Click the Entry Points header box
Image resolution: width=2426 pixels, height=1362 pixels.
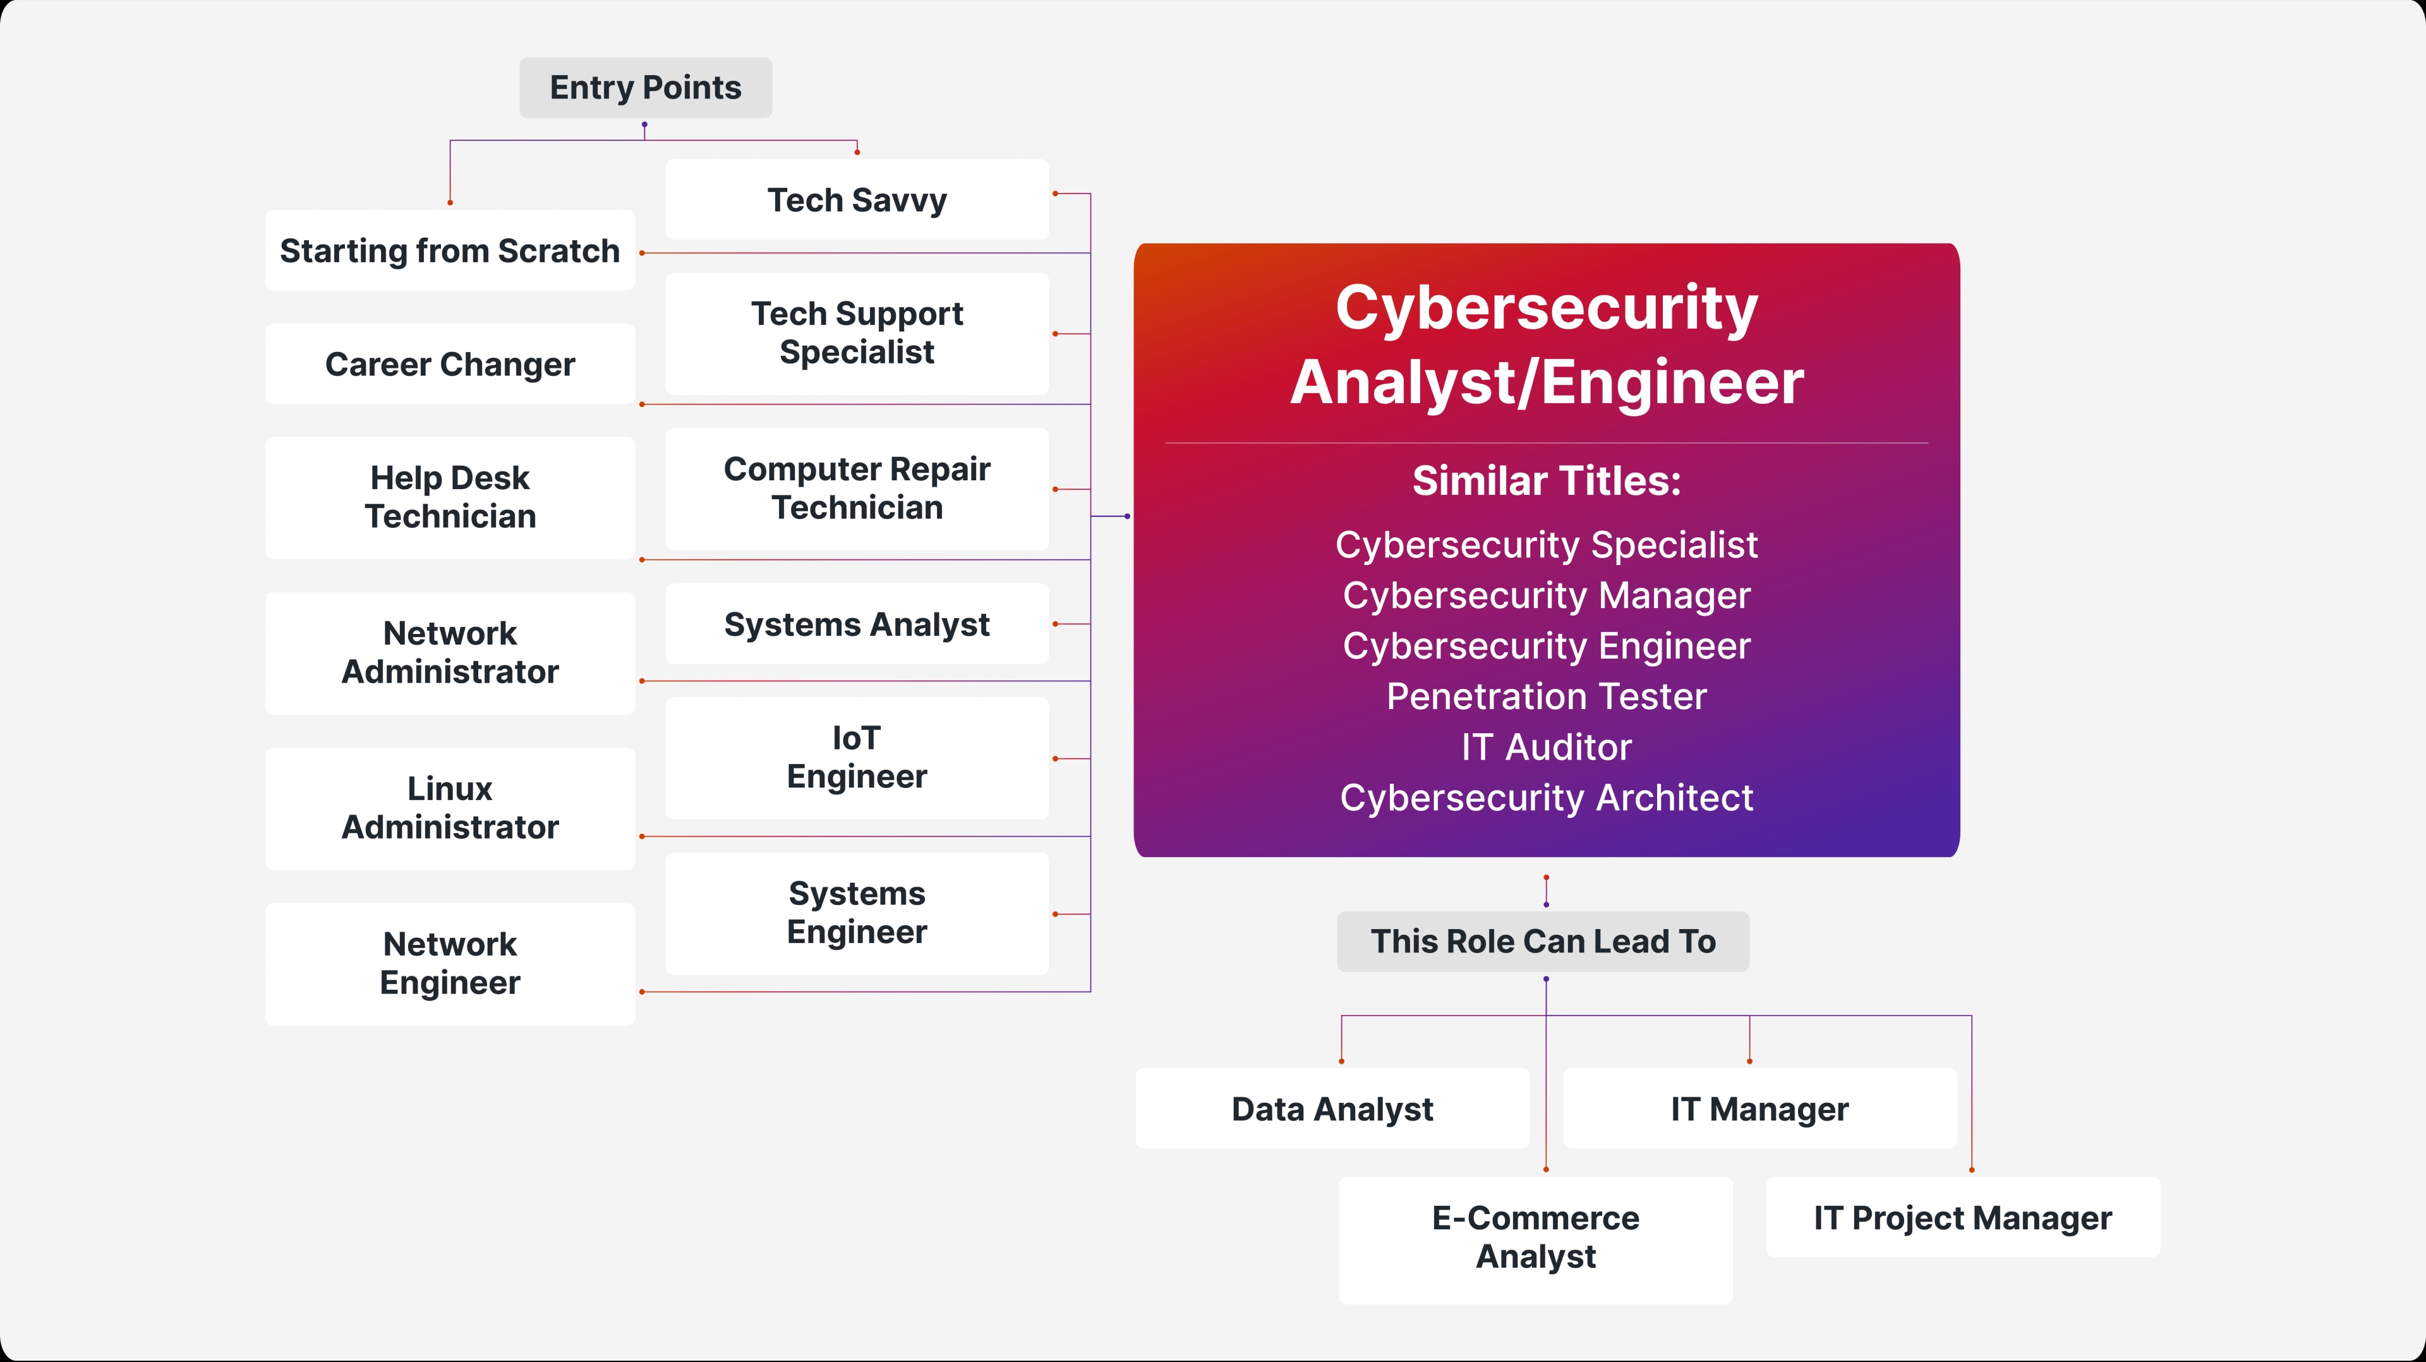click(x=645, y=88)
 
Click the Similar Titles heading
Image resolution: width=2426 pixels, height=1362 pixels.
click(x=1547, y=482)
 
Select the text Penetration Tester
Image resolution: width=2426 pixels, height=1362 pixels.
click(x=1547, y=697)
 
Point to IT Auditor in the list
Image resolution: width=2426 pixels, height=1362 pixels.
click(x=1547, y=748)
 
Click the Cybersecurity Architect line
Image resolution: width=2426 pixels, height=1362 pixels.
click(x=1547, y=798)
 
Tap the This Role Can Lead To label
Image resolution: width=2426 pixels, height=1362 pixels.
click(x=1543, y=942)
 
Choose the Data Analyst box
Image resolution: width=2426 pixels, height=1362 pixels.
click(x=1332, y=1109)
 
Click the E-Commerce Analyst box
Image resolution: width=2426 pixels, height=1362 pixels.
click(x=1535, y=1237)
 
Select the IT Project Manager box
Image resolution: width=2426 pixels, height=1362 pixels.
click(x=1963, y=1218)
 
